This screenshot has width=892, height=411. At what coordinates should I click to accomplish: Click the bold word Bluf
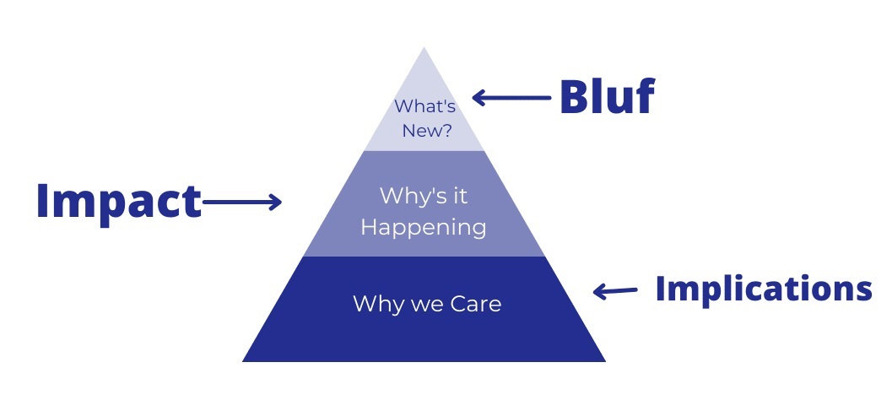(607, 97)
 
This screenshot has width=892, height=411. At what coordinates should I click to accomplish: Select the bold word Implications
(764, 289)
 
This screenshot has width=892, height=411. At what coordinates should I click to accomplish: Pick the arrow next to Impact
(241, 202)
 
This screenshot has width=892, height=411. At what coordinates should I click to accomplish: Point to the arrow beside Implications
(615, 291)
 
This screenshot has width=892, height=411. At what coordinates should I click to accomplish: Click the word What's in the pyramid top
(425, 106)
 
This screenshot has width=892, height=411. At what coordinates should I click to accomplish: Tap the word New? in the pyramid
(427, 131)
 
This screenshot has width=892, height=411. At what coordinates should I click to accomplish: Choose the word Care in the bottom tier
(476, 304)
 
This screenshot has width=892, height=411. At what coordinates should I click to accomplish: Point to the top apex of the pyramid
(424, 48)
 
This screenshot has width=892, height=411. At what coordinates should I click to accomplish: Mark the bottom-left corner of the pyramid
(243, 361)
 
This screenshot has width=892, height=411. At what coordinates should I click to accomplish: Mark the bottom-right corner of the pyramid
(605, 361)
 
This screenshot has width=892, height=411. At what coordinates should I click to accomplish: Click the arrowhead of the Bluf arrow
(477, 98)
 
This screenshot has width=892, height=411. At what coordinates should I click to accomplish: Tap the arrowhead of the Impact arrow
(277, 202)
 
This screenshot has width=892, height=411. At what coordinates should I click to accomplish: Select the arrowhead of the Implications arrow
(597, 292)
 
